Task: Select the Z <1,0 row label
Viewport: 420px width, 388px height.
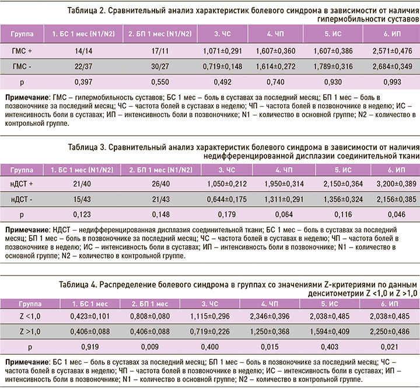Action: point(21,316)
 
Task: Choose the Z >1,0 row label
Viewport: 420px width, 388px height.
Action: point(21,332)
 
